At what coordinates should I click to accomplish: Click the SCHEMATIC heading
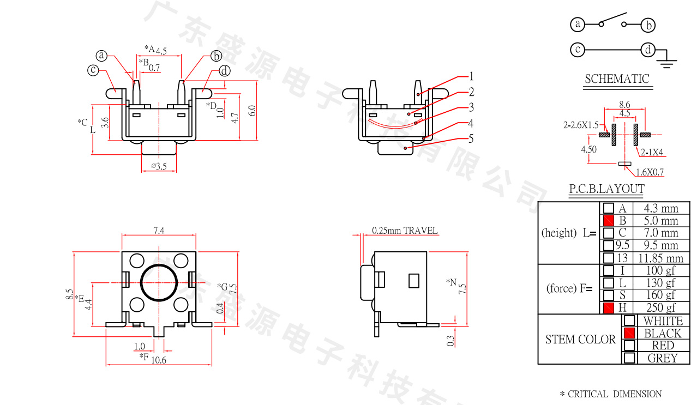(x=617, y=79)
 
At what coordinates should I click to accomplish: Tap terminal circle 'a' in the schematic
(x=577, y=25)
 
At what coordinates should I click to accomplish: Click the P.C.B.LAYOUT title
(x=606, y=189)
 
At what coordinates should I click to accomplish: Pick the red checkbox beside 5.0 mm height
(x=609, y=221)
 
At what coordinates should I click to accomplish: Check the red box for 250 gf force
(x=609, y=308)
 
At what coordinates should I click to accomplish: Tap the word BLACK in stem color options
(x=663, y=333)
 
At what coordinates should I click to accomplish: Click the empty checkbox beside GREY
(x=629, y=358)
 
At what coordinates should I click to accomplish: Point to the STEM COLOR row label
(x=580, y=340)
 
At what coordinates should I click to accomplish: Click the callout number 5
(x=471, y=139)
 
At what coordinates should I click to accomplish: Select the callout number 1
(x=471, y=76)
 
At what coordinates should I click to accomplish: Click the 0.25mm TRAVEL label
(x=405, y=231)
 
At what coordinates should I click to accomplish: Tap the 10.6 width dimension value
(x=159, y=360)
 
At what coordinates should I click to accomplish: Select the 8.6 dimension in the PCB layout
(x=625, y=104)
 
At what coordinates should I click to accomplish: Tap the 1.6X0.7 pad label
(x=650, y=173)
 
